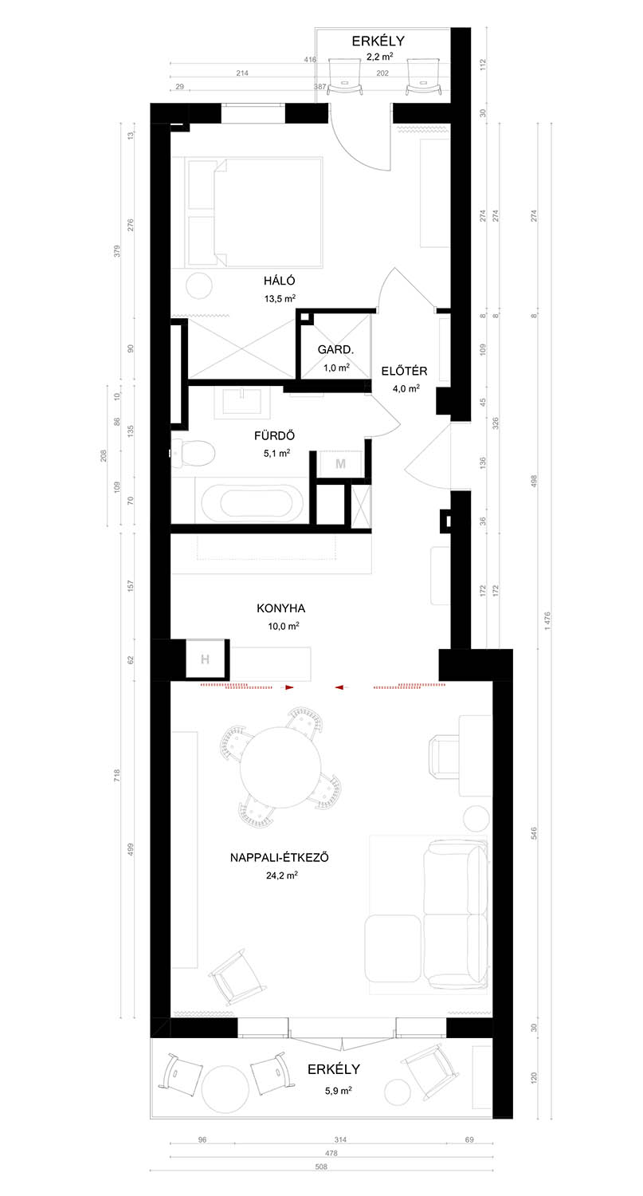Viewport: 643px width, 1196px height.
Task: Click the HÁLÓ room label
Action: (x=279, y=281)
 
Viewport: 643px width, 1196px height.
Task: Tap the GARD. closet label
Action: (x=335, y=350)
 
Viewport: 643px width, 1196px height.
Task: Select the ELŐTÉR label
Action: (x=404, y=371)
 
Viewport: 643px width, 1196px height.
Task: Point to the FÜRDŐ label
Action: (x=274, y=435)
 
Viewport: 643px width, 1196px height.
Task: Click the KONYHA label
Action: (x=280, y=608)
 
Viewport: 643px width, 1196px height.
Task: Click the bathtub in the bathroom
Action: (x=255, y=502)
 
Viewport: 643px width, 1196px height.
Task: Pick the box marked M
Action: (x=340, y=464)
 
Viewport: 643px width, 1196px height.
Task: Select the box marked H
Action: (x=205, y=659)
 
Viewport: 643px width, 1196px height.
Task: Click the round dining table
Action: (x=280, y=767)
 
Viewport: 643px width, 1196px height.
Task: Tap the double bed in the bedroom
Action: (x=254, y=212)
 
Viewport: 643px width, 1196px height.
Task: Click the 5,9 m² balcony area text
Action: (x=339, y=1090)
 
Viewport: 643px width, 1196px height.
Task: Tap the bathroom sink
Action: (x=243, y=401)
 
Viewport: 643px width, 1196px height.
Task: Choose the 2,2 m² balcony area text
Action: (x=380, y=57)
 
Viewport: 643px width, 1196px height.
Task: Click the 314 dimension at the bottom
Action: (x=340, y=1139)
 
